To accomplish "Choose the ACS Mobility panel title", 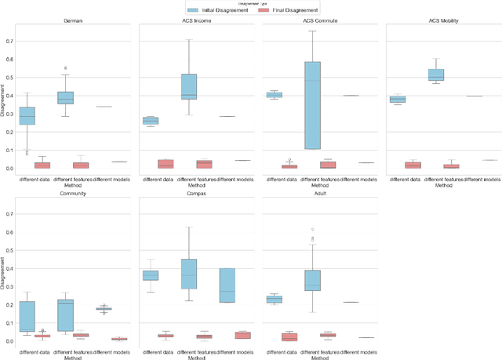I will click(x=444, y=21).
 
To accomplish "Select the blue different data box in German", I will click(x=27, y=116).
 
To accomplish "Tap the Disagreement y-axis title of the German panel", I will click(x=3, y=104).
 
